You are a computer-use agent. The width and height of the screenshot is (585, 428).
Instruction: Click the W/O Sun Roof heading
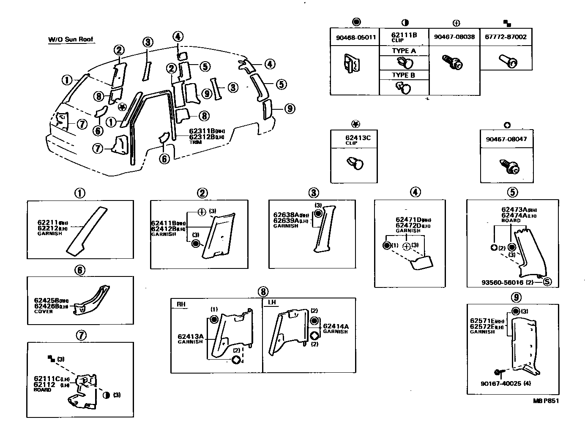coord(70,40)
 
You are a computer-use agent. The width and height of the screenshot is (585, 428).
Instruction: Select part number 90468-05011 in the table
coord(355,37)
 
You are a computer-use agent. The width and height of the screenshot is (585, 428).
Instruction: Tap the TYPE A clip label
coord(404,51)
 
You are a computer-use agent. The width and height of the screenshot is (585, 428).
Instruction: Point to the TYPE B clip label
coord(404,75)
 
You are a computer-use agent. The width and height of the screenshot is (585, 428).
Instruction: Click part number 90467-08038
coord(454,37)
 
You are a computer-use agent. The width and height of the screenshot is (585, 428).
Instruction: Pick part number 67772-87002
coord(506,37)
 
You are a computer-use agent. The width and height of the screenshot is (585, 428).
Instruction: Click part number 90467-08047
coord(506,139)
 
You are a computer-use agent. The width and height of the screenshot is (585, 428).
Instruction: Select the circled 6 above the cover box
coord(80,270)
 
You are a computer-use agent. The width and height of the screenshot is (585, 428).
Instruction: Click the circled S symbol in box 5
coord(547,282)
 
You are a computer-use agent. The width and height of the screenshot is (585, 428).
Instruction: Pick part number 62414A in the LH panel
coord(336,326)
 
